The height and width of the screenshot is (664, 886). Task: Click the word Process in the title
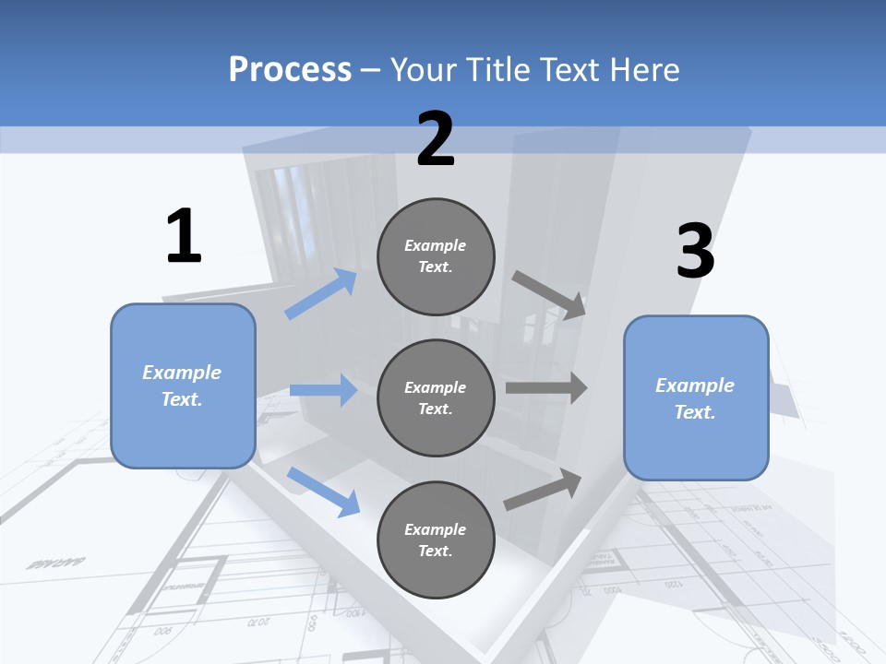(x=290, y=70)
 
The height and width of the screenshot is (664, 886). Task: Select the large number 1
(x=184, y=237)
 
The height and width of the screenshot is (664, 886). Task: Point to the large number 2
(x=436, y=140)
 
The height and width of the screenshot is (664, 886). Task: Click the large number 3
(x=695, y=252)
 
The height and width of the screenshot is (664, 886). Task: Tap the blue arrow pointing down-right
(x=324, y=491)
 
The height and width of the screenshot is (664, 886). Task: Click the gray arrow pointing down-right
(x=549, y=295)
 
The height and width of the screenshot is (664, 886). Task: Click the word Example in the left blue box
(x=182, y=373)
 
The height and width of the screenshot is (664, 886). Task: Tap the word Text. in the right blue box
(x=695, y=412)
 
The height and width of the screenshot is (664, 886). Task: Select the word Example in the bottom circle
(x=435, y=529)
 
